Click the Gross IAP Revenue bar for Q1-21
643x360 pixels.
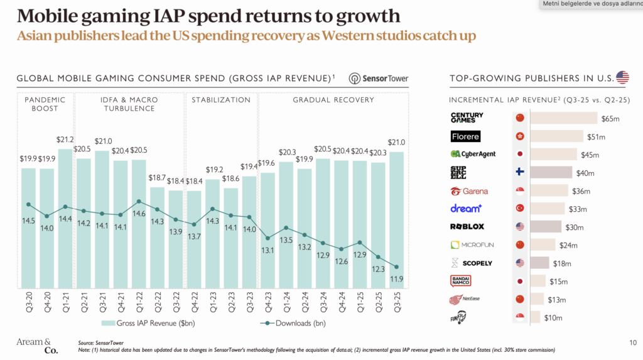tap(65, 220)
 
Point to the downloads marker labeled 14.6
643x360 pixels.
tap(139, 202)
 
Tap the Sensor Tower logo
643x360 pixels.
tap(379, 79)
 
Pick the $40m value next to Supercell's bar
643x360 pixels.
tap(585, 173)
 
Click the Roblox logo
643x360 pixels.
tap(467, 227)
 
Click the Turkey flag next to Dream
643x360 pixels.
tap(519, 209)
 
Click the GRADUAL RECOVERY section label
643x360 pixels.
tap(333, 100)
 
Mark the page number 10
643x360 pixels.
tap(632, 342)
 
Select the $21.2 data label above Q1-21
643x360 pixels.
tap(65, 139)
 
